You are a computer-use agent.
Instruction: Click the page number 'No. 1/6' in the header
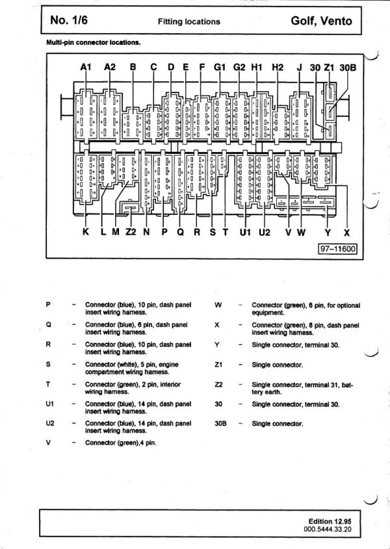(x=69, y=20)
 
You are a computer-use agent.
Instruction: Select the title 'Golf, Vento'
(x=321, y=21)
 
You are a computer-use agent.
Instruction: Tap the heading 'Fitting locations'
(x=189, y=21)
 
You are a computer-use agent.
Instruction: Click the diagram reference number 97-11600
(x=338, y=249)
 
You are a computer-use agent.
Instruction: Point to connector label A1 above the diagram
(x=86, y=66)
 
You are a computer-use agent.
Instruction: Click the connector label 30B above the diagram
(x=348, y=67)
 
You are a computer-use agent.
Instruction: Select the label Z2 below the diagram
(x=131, y=232)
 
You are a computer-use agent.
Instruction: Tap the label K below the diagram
(x=86, y=232)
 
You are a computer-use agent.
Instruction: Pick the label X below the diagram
(x=346, y=233)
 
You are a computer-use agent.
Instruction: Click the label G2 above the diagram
(x=239, y=66)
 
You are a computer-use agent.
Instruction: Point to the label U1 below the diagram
(x=245, y=232)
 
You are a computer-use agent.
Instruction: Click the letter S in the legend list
(x=48, y=364)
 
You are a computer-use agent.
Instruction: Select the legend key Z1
(x=218, y=365)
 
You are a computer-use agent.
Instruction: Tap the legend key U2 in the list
(x=50, y=424)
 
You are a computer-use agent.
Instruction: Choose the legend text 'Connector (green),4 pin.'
(x=120, y=443)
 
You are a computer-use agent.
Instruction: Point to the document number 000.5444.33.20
(x=328, y=529)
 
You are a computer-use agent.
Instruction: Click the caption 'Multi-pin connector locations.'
(x=94, y=42)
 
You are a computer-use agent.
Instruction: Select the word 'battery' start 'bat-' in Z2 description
(x=347, y=385)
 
